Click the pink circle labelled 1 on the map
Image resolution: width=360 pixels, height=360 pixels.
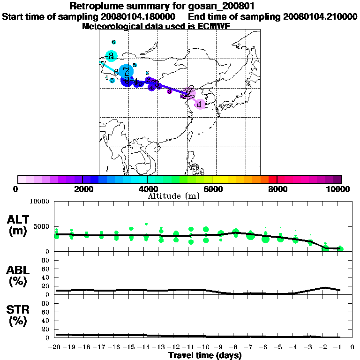click(x=200, y=104)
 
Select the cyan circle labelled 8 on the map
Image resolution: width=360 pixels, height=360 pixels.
click(x=111, y=55)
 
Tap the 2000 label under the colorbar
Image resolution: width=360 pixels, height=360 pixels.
click(x=82, y=189)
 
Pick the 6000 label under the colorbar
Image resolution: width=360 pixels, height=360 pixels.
click(x=212, y=189)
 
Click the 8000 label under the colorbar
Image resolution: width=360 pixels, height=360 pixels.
click(x=277, y=189)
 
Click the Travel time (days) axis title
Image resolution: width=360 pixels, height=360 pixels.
click(x=205, y=355)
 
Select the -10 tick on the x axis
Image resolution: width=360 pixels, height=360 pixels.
click(x=205, y=347)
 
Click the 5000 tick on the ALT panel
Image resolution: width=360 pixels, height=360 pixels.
click(x=41, y=226)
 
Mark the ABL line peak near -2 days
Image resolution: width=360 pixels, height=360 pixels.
click(x=325, y=287)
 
